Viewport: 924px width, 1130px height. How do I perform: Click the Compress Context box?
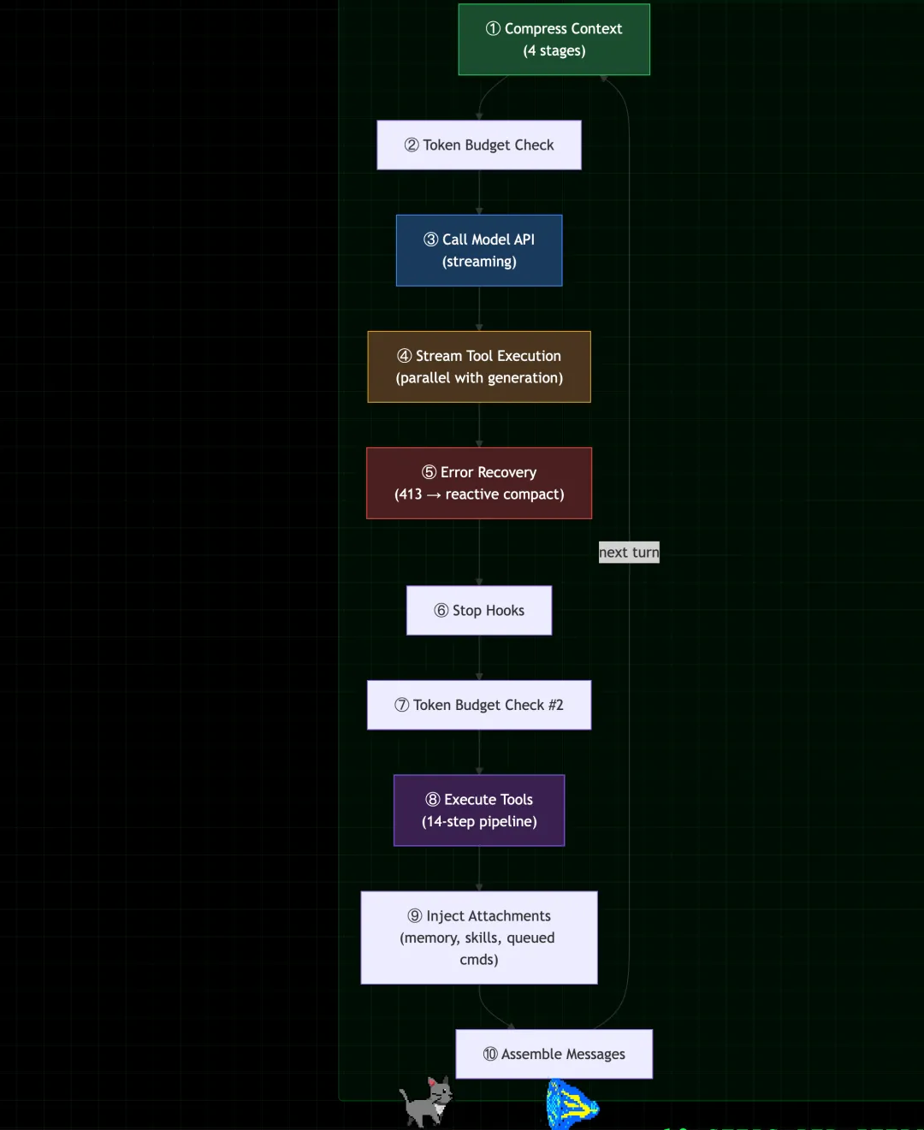pos(554,39)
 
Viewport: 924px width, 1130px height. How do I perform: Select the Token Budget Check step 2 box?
pos(479,145)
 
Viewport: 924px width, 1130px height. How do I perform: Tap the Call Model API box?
pos(479,250)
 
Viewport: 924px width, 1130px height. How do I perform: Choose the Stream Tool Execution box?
pos(479,366)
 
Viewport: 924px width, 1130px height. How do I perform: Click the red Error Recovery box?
pos(479,482)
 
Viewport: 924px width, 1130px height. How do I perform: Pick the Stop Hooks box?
pos(479,610)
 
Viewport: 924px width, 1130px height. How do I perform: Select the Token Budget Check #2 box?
pos(479,705)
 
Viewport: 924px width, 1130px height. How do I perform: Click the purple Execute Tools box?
pos(479,810)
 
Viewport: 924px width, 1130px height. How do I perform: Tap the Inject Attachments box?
pos(479,938)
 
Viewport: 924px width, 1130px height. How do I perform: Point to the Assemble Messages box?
pos(554,1054)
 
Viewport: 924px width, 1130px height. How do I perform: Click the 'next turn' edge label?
pos(629,553)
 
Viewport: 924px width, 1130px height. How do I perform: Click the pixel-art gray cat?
pos(426,1102)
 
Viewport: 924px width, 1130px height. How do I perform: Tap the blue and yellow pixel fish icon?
pos(572,1105)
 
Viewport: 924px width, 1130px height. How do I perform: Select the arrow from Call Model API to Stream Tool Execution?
pos(479,308)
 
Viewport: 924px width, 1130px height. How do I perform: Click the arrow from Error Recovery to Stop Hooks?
pos(479,552)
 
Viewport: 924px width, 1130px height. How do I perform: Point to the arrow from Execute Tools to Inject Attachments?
pos(479,868)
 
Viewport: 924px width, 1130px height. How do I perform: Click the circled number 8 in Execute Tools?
pos(433,799)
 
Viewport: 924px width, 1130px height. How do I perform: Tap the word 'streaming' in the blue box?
pos(479,262)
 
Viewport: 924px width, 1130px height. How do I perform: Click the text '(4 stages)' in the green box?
pos(554,50)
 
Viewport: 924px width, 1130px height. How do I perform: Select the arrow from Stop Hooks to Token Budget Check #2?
pos(479,657)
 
